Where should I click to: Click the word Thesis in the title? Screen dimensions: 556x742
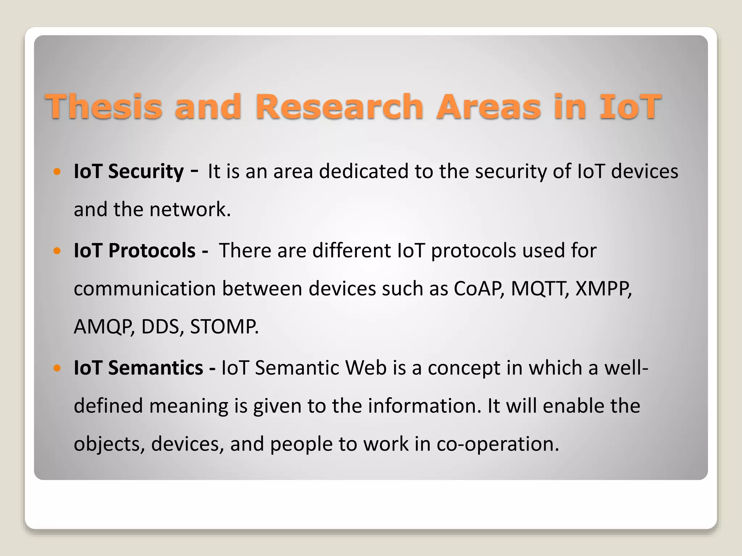104,106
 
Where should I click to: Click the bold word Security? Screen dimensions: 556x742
146,171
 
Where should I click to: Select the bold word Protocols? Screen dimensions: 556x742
152,250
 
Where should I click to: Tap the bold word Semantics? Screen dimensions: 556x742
155,368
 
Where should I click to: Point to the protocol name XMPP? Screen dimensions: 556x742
603,289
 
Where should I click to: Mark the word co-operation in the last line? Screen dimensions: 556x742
498,444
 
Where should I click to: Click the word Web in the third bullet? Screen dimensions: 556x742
366,368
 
